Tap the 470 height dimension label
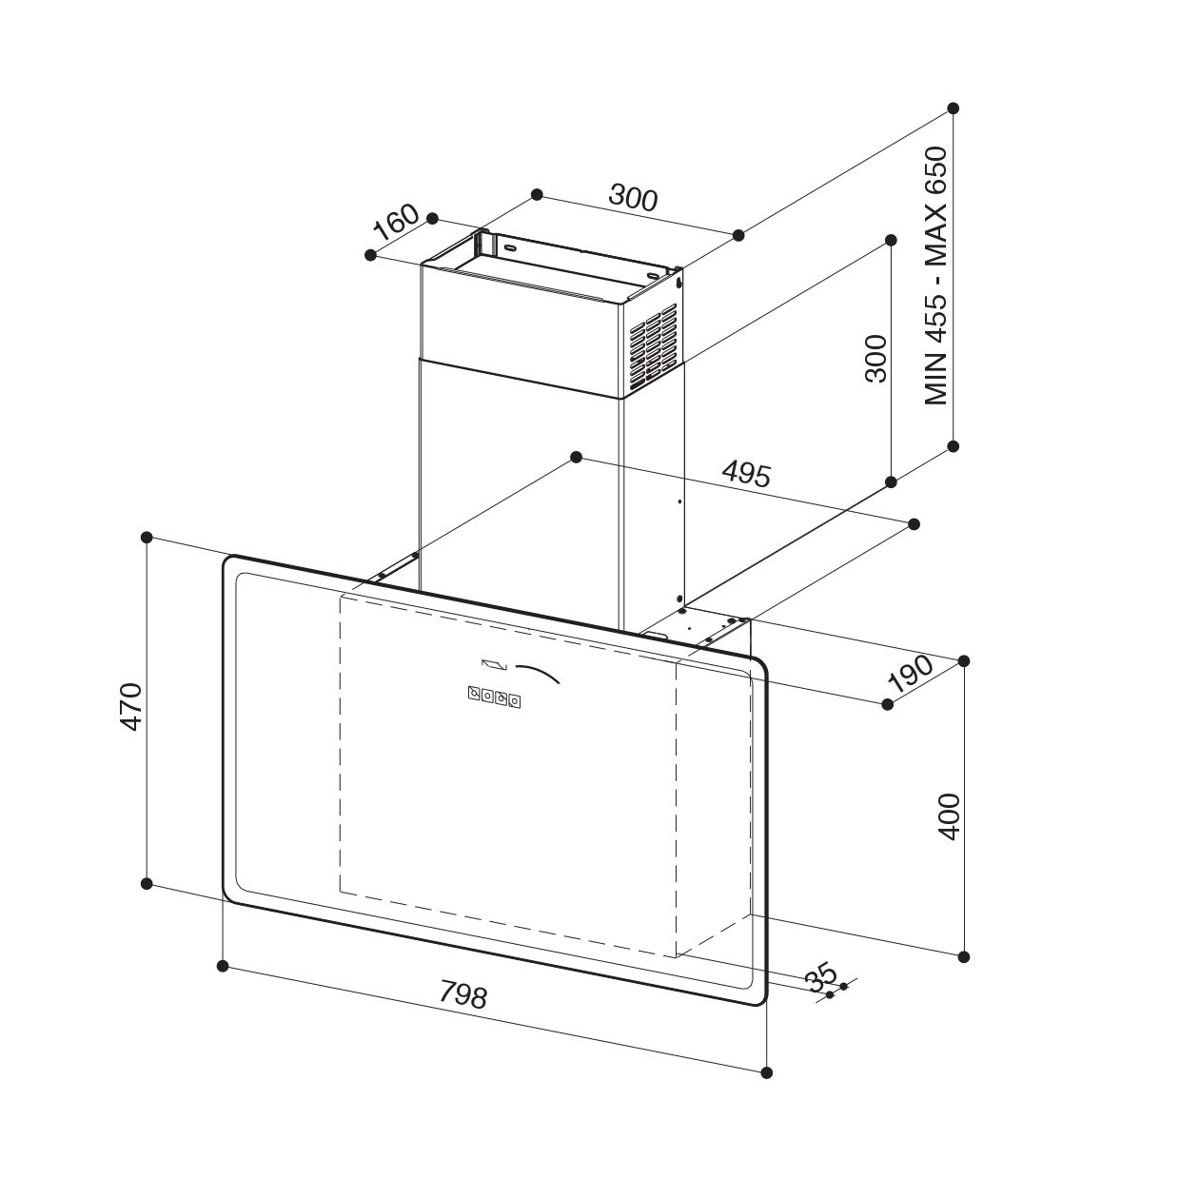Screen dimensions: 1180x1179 point(131,707)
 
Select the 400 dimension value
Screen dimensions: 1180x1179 point(949,817)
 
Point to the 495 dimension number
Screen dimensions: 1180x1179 point(746,474)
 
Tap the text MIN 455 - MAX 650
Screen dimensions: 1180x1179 point(935,276)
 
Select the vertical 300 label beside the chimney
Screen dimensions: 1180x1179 point(875,359)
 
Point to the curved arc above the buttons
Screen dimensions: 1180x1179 point(538,673)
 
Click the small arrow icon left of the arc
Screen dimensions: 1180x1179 point(495,664)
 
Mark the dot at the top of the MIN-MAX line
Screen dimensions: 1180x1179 point(953,108)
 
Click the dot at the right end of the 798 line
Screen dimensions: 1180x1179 point(766,1072)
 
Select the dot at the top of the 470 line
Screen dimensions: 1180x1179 point(147,537)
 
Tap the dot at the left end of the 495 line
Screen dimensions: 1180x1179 point(576,457)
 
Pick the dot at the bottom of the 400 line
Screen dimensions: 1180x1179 point(964,956)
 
